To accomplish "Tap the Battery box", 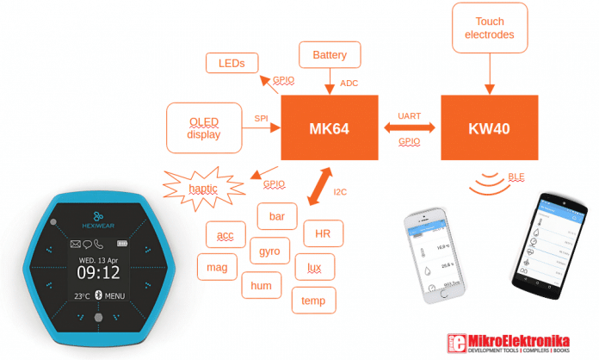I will click(x=330, y=56).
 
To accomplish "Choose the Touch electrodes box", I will click(x=489, y=28).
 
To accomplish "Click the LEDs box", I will click(x=232, y=63).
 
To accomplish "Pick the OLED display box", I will click(x=204, y=127).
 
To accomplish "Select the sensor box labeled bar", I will click(x=277, y=215).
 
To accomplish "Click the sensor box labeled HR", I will click(x=324, y=233).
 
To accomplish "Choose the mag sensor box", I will click(x=218, y=268).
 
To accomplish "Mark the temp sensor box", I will click(x=313, y=301).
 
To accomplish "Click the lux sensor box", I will click(x=315, y=268).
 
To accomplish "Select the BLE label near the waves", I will click(x=516, y=177).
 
